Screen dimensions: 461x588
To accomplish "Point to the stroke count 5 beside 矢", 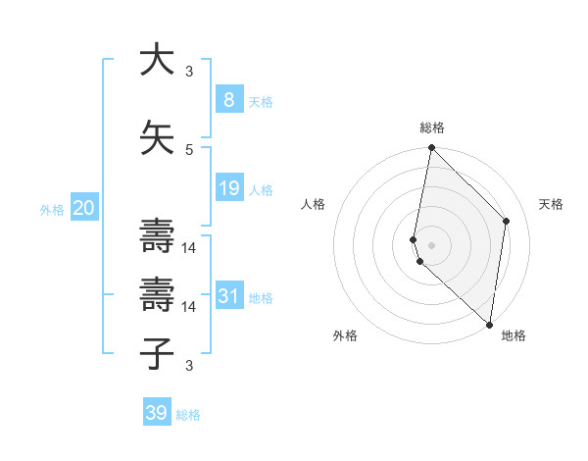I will coord(189,149).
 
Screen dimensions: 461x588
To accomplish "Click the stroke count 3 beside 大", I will coord(189,72).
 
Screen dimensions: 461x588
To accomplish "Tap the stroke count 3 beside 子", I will coord(189,366).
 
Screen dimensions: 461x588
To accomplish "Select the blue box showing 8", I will coord(228,100).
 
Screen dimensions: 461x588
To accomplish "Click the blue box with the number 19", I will coord(228,188).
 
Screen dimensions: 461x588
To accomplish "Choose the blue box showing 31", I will coord(228,296).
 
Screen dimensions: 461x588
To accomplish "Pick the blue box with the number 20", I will coord(84,208).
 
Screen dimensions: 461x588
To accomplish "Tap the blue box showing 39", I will coord(157,413).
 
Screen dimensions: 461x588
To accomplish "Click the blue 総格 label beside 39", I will coord(188,415).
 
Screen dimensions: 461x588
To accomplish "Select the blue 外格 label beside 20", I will coord(52,209).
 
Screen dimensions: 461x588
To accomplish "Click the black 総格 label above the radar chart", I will coord(432,128).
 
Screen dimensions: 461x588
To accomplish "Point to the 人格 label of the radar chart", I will coord(314,204).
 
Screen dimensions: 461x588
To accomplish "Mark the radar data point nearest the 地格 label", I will coord(490,325).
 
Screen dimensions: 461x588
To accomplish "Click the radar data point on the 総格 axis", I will coord(431,148).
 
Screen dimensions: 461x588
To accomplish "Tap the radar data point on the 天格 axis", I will coord(507,221).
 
